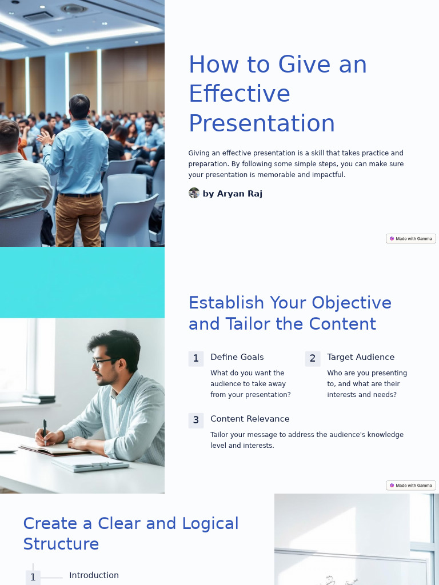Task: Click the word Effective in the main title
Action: (240, 94)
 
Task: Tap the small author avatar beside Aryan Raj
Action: (194, 193)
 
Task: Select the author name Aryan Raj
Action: (233, 194)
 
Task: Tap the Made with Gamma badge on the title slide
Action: (411, 239)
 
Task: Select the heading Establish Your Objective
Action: (290, 303)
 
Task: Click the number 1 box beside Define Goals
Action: (196, 359)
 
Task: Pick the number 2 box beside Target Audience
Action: (313, 359)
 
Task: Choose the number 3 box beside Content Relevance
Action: (196, 420)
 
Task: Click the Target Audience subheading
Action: (361, 357)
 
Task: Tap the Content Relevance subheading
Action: (250, 419)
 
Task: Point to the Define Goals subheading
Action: (237, 357)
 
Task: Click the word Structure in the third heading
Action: (61, 544)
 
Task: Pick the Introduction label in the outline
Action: (94, 575)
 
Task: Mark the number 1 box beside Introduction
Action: (33, 577)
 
